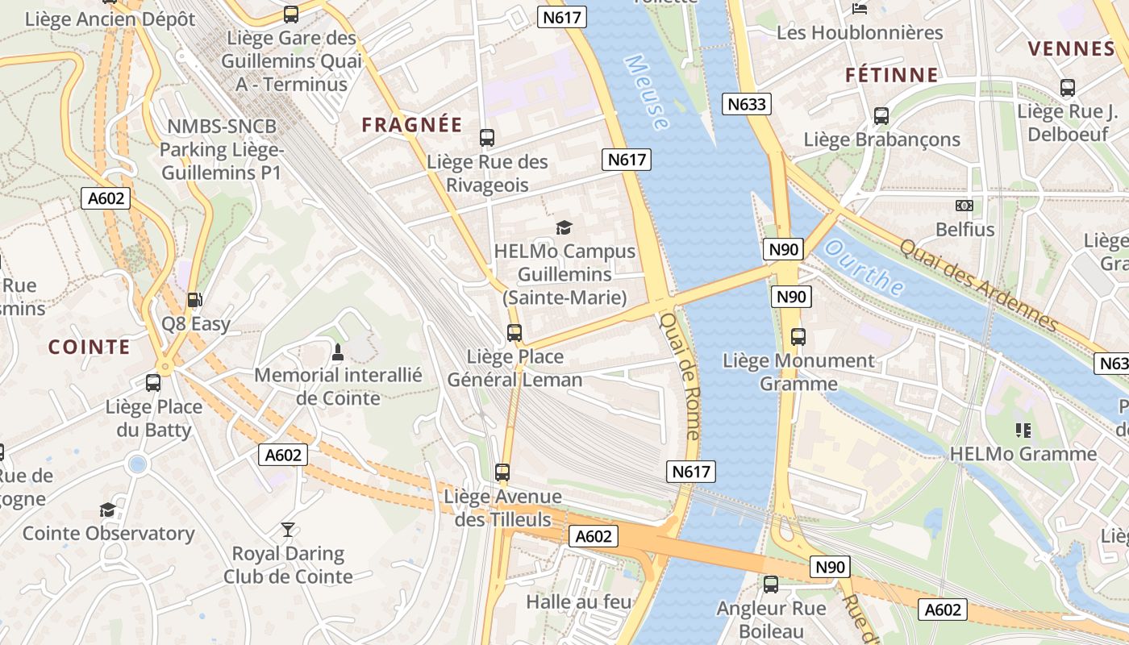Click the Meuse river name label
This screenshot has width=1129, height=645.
[646, 93]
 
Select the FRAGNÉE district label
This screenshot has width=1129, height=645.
[412, 125]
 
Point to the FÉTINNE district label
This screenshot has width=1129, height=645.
[892, 75]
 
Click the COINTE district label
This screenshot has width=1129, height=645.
[89, 347]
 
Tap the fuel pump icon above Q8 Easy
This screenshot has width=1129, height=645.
[194, 300]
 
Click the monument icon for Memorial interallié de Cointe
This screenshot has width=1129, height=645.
[338, 352]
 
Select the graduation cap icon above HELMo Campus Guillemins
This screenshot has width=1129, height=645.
[564, 228]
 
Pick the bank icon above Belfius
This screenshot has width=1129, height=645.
[964, 206]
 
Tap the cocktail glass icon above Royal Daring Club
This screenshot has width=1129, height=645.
[288, 530]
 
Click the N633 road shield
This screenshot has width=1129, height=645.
[747, 104]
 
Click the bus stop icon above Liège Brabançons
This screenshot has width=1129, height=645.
[881, 116]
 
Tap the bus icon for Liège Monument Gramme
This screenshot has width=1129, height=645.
[798, 337]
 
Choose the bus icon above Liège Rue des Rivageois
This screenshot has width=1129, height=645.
[486, 138]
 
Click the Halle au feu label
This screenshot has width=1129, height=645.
[578, 601]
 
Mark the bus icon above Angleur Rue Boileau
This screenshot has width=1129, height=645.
[771, 585]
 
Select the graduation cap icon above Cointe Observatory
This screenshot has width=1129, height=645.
[107, 510]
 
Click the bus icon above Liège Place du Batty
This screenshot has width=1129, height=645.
[153, 383]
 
